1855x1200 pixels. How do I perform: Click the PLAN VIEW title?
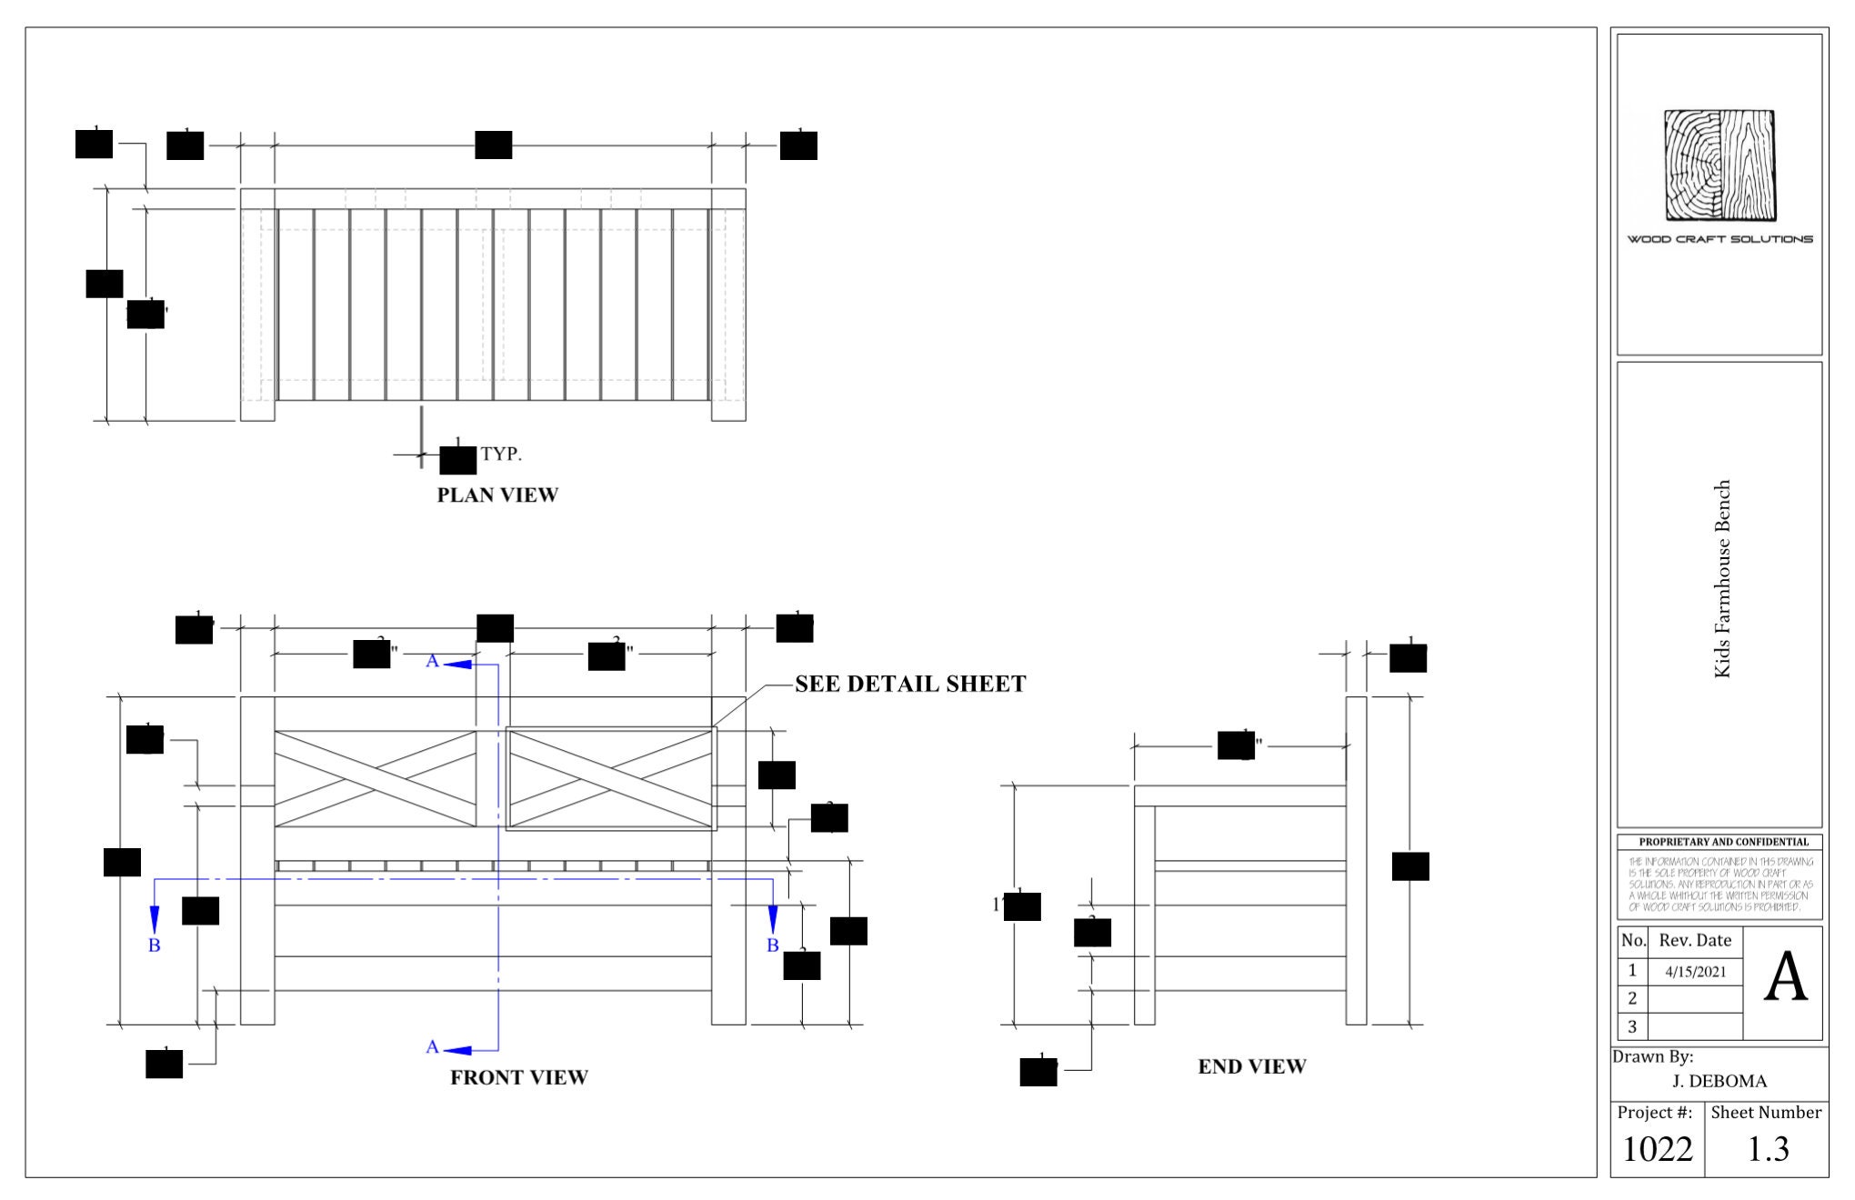pyautogui.click(x=497, y=495)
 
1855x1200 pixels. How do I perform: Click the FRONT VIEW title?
pyautogui.click(x=519, y=1077)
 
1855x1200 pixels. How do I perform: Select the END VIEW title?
pyautogui.click(x=1251, y=1066)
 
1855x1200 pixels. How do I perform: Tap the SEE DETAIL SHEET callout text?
pyautogui.click(x=910, y=685)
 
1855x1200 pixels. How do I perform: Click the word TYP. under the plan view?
pyautogui.click(x=501, y=455)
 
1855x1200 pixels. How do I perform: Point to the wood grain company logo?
pyautogui.click(x=1720, y=165)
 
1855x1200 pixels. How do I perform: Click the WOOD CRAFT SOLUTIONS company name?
pyautogui.click(x=1720, y=239)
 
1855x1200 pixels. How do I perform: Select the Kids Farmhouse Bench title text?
pyautogui.click(x=1722, y=579)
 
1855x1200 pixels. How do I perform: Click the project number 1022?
pyautogui.click(x=1657, y=1149)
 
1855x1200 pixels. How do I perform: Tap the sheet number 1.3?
pyautogui.click(x=1768, y=1149)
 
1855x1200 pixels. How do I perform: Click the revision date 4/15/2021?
pyautogui.click(x=1695, y=972)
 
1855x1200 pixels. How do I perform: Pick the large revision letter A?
pyautogui.click(x=1785, y=978)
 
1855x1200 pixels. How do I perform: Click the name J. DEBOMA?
pyautogui.click(x=1720, y=1081)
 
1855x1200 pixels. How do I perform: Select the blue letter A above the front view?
pyautogui.click(x=433, y=662)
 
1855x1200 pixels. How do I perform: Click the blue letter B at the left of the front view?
pyautogui.click(x=155, y=945)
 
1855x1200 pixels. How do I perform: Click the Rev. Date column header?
pyautogui.click(x=1695, y=941)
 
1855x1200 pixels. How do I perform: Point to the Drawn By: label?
pyautogui.click(x=1652, y=1057)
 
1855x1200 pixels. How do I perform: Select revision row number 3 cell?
pyautogui.click(x=1632, y=1026)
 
